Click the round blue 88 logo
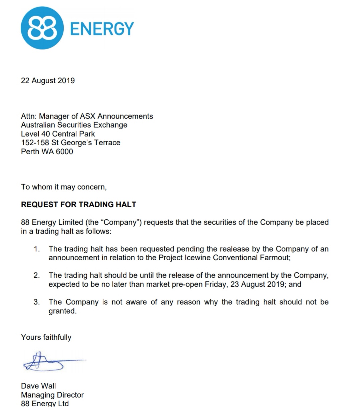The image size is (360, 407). coord(42,28)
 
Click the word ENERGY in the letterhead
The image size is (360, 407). coord(102,29)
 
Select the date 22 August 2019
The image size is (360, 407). coord(48,81)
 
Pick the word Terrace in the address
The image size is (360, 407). coord(107,143)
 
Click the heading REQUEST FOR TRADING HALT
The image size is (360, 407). coord(78,204)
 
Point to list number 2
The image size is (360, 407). coord(37,275)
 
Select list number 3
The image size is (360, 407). coord(37,302)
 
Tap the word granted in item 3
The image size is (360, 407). coord(62,311)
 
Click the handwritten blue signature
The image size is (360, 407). coord(50,361)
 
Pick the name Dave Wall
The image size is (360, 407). coord(38,386)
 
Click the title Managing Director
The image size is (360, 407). coord(52,395)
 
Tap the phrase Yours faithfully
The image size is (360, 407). coord(46,337)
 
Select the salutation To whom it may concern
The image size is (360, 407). coord(64,187)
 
